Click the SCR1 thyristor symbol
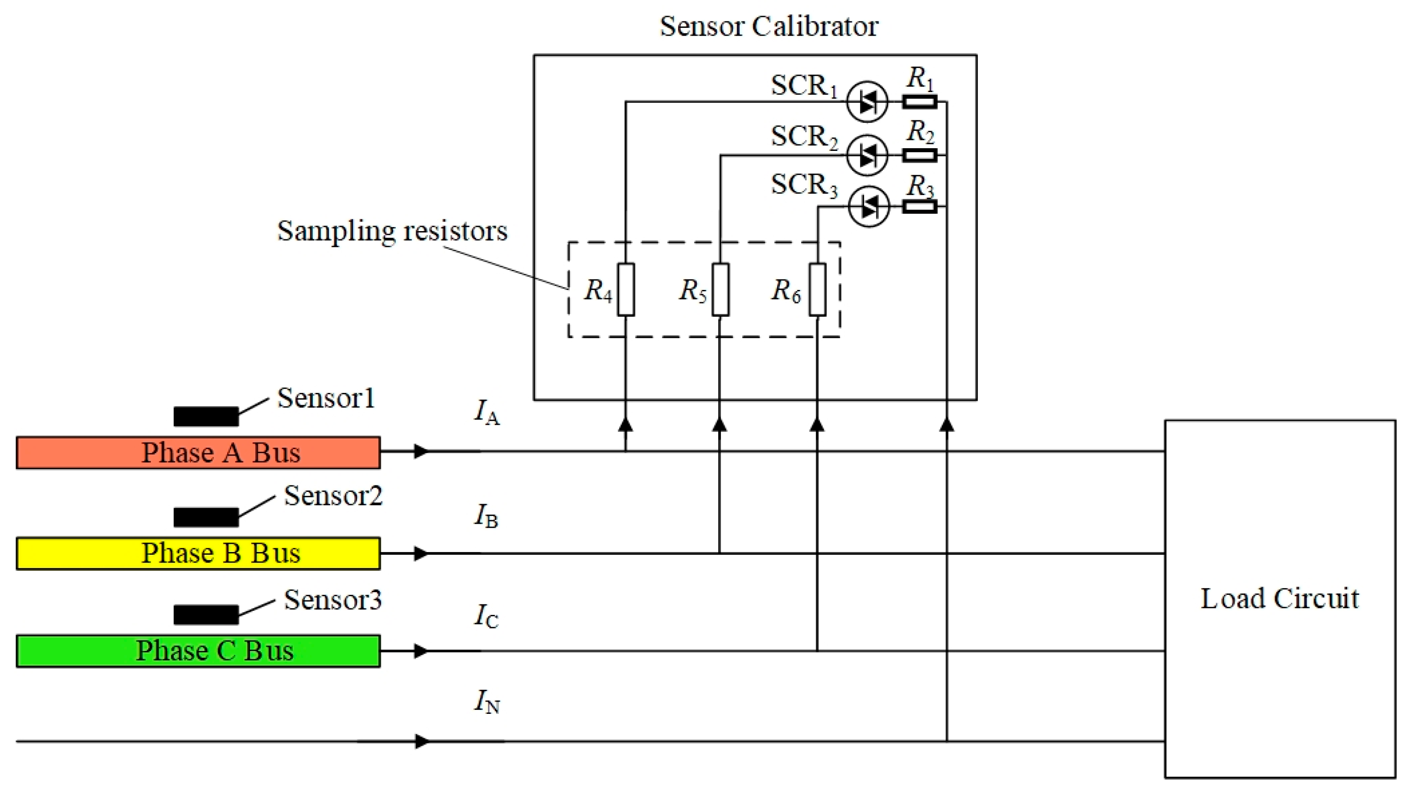click(867, 102)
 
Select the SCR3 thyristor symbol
click(868, 207)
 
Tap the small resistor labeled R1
click(920, 102)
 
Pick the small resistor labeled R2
click(920, 155)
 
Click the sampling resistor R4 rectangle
click(626, 289)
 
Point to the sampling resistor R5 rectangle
click(721, 289)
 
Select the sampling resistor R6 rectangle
click(817, 289)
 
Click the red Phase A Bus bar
click(198, 453)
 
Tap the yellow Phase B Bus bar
click(198, 553)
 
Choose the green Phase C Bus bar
click(198, 650)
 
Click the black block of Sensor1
click(206, 416)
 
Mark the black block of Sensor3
click(206, 614)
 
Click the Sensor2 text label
click(333, 496)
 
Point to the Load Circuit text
click(1279, 598)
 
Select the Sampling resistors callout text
click(392, 230)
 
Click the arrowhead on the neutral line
click(422, 741)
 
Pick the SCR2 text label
click(803, 137)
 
